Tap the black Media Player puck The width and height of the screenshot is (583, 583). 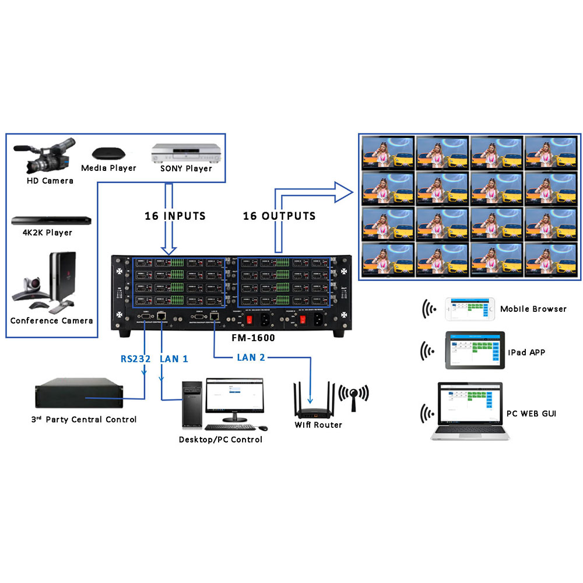[108, 153]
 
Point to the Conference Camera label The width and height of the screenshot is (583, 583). [51, 321]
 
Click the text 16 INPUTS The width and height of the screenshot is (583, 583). [175, 216]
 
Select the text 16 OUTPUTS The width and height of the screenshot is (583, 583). [279, 216]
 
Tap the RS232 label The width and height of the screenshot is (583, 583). [135, 359]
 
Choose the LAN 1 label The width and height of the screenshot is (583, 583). [174, 359]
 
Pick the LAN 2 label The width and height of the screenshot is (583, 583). [251, 357]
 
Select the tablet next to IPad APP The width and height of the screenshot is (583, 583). [473, 351]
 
